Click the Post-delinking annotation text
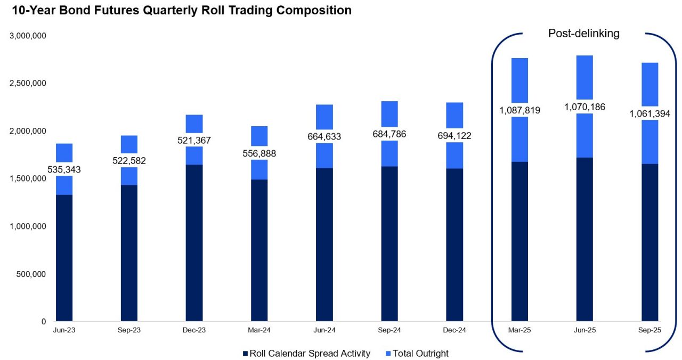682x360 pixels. (583, 34)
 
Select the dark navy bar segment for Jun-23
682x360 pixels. (64, 258)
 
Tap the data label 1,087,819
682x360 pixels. (519, 111)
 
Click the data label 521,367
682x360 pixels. (194, 141)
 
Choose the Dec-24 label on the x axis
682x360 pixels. (454, 331)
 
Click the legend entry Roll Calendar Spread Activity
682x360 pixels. (306, 354)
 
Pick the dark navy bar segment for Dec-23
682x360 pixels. (194, 243)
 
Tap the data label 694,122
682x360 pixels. (454, 136)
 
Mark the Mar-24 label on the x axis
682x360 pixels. (259, 331)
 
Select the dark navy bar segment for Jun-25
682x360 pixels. (584, 240)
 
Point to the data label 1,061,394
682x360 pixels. (649, 113)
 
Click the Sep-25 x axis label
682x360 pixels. (649, 331)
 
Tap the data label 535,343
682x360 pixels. (64, 169)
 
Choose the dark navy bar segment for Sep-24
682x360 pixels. (389, 244)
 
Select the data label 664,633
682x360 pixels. (324, 137)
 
